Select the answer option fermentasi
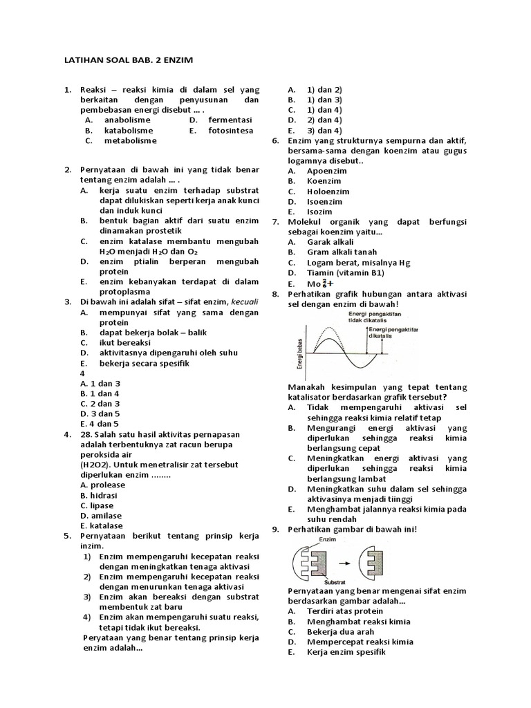[230, 120]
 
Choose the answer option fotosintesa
[230, 130]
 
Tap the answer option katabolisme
[129, 130]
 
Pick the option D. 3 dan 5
[100, 413]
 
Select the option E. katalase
[101, 525]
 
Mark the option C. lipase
[97, 505]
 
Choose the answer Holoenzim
[328, 192]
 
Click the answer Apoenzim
[327, 171]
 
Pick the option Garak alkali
[331, 242]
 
